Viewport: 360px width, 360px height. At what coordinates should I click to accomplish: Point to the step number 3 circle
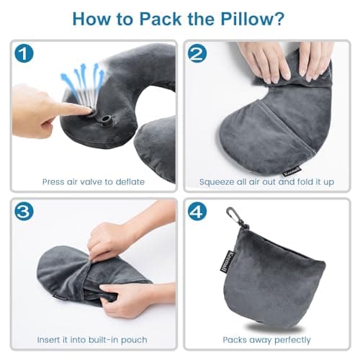(24, 213)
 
